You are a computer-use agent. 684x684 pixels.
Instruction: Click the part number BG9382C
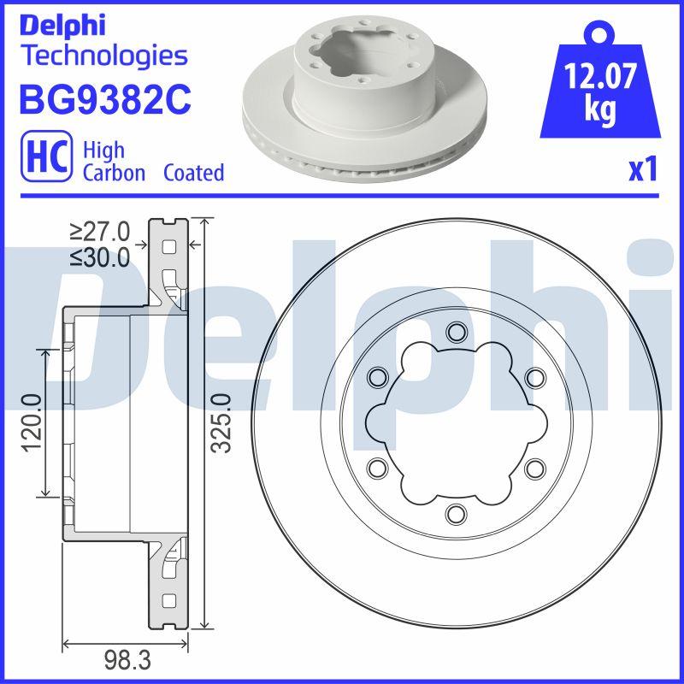tap(103, 99)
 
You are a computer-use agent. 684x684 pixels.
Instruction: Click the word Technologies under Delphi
tap(103, 56)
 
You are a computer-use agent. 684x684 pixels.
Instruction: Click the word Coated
tap(193, 173)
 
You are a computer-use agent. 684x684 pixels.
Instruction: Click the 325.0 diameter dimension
tap(220, 424)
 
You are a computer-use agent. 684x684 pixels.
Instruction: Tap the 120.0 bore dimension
tap(32, 422)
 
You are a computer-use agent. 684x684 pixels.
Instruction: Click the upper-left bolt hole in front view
tap(376, 377)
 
